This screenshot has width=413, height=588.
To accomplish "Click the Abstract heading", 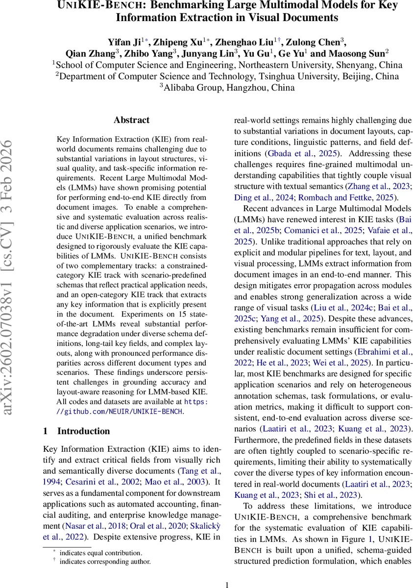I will (x=131, y=120).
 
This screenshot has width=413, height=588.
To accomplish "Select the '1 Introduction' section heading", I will (x=76, y=431).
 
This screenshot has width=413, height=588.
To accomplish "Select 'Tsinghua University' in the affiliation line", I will (x=267, y=76).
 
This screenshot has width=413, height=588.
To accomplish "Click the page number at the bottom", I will (x=227, y=585).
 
